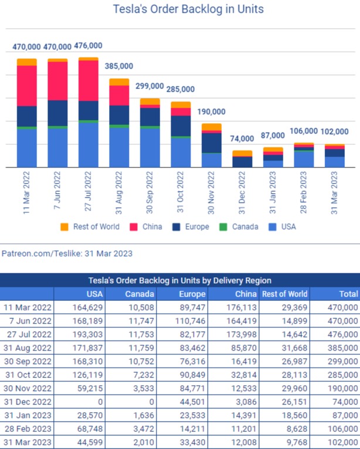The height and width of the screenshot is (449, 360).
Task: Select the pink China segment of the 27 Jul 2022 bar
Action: (x=89, y=81)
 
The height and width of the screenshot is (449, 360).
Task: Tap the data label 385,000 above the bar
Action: (x=119, y=66)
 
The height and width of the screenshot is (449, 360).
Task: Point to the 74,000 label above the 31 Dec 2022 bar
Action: (x=242, y=139)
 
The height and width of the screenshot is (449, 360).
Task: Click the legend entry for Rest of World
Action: (x=90, y=227)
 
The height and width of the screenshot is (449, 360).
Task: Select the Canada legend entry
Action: (x=239, y=227)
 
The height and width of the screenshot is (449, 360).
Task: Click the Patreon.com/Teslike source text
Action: (x=67, y=253)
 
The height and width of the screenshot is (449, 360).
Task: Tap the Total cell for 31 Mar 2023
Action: (x=343, y=442)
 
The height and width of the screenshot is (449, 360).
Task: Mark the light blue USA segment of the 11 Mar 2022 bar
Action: (x=26, y=148)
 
